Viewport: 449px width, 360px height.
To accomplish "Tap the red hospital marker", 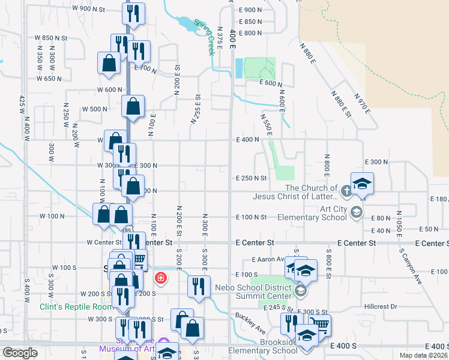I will [x=160, y=278].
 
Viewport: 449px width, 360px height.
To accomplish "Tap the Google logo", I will [x=20, y=353].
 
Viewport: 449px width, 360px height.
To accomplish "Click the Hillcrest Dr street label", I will [x=381, y=306].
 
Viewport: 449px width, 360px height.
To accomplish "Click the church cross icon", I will [x=346, y=191].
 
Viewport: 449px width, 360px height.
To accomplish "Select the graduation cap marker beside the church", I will [x=363, y=183].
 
